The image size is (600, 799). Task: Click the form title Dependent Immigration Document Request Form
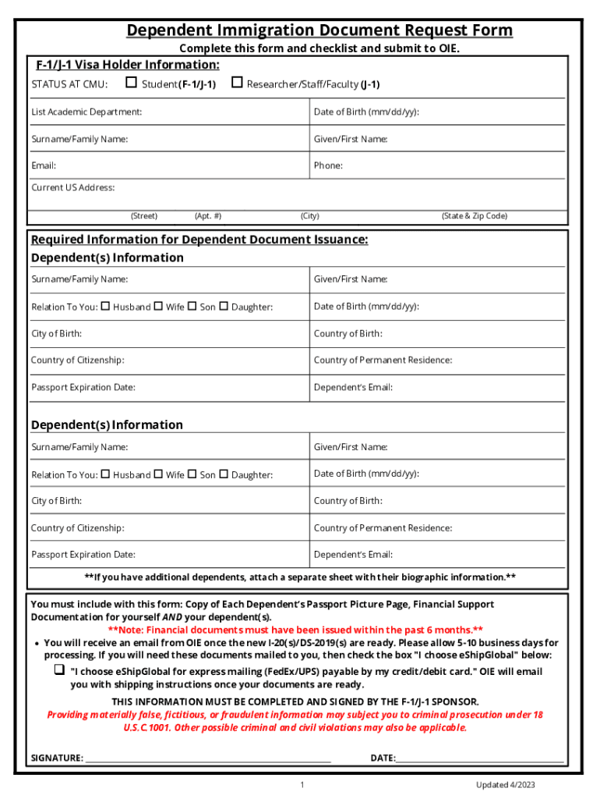pyautogui.click(x=319, y=30)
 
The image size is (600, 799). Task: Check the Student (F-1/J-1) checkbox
pyautogui.click(x=131, y=83)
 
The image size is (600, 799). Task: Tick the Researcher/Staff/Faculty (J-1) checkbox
pyautogui.click(x=237, y=83)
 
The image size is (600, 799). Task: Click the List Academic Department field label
pyautogui.click(x=86, y=112)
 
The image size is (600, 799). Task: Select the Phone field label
pyautogui.click(x=328, y=165)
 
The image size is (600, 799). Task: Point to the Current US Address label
pyautogui.click(x=72, y=187)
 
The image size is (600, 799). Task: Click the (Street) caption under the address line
pyautogui.click(x=143, y=216)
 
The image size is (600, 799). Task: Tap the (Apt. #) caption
pyautogui.click(x=208, y=216)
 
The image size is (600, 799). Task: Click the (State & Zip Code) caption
pyautogui.click(x=474, y=216)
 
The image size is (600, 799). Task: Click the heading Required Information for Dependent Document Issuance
pyautogui.click(x=199, y=240)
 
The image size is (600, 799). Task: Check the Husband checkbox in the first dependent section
pyautogui.click(x=105, y=306)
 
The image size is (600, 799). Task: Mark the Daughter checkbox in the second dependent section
pyautogui.click(x=224, y=474)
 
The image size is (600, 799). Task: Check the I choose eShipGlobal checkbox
pyautogui.click(x=58, y=669)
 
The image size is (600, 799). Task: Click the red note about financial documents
pyautogui.click(x=295, y=630)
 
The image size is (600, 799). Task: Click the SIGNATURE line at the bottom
pyautogui.click(x=207, y=757)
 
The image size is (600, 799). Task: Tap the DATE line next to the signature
pyautogui.click(x=479, y=757)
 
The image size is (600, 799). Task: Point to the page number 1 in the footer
pyautogui.click(x=302, y=785)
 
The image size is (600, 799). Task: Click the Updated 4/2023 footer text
pyautogui.click(x=506, y=785)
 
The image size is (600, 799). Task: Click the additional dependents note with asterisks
pyautogui.click(x=300, y=577)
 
